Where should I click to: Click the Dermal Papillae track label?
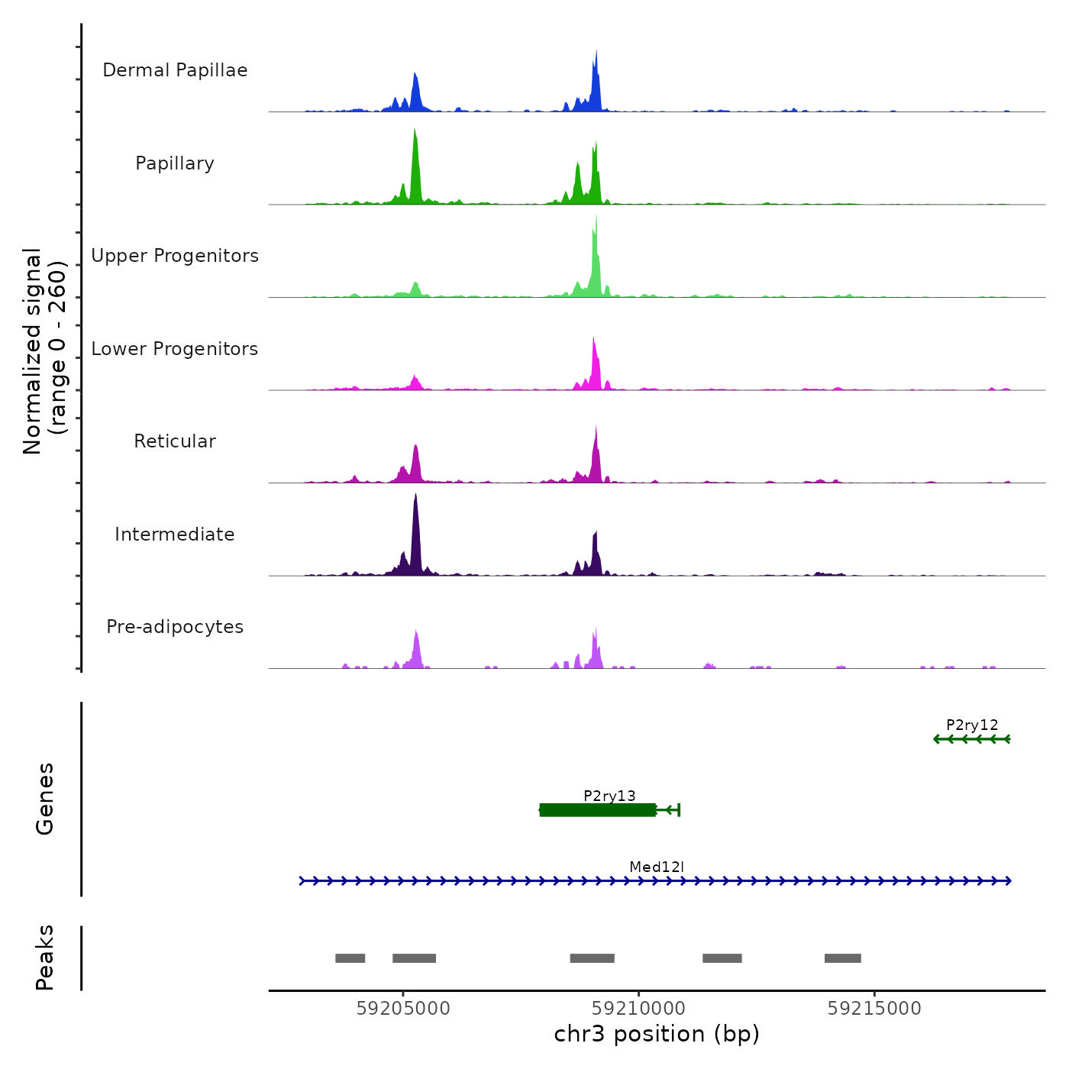[x=175, y=70]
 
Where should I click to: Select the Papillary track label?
[x=175, y=163]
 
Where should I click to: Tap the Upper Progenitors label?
[x=175, y=256]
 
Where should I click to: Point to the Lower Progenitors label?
[x=175, y=349]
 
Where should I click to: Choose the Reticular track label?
[x=175, y=441]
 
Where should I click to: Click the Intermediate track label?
[x=175, y=534]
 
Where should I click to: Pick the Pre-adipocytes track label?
[x=175, y=627]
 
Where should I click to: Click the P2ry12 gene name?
[x=972, y=725]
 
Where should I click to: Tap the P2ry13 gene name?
[x=609, y=796]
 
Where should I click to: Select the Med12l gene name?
[x=657, y=867]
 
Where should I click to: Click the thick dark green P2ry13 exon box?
[x=597, y=810]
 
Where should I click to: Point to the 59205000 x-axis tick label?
[x=403, y=1009]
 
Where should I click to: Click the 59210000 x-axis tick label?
[x=639, y=1009]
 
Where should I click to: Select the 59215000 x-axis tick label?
[x=874, y=1009]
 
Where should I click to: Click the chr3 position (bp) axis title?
[x=657, y=1034]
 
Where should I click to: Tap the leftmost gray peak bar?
[x=350, y=958]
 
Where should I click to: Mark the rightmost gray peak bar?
[x=842, y=958]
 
